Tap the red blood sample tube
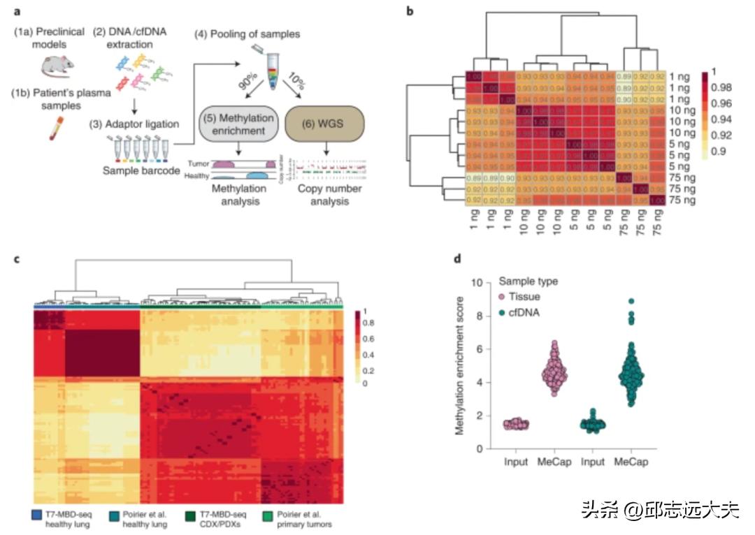54,129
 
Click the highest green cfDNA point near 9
631,302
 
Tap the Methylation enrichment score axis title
460,366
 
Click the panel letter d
458,259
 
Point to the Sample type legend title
528,281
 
